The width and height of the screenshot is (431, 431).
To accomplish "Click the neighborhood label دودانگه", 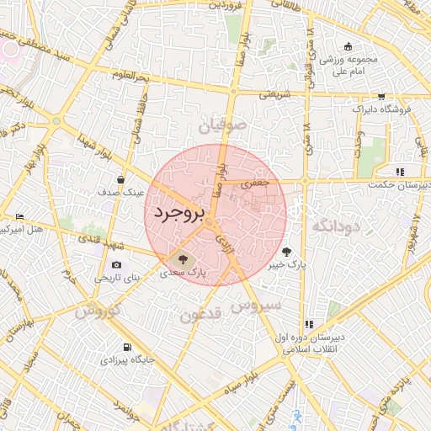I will [x=335, y=226].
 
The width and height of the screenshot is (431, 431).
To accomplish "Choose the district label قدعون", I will [x=200, y=315].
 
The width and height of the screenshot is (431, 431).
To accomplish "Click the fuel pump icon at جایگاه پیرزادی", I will [x=126, y=346].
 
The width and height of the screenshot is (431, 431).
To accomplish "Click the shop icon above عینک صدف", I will [x=122, y=178].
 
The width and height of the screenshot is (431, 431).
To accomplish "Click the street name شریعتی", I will [x=274, y=95].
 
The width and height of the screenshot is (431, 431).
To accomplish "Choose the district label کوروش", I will [x=98, y=312].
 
